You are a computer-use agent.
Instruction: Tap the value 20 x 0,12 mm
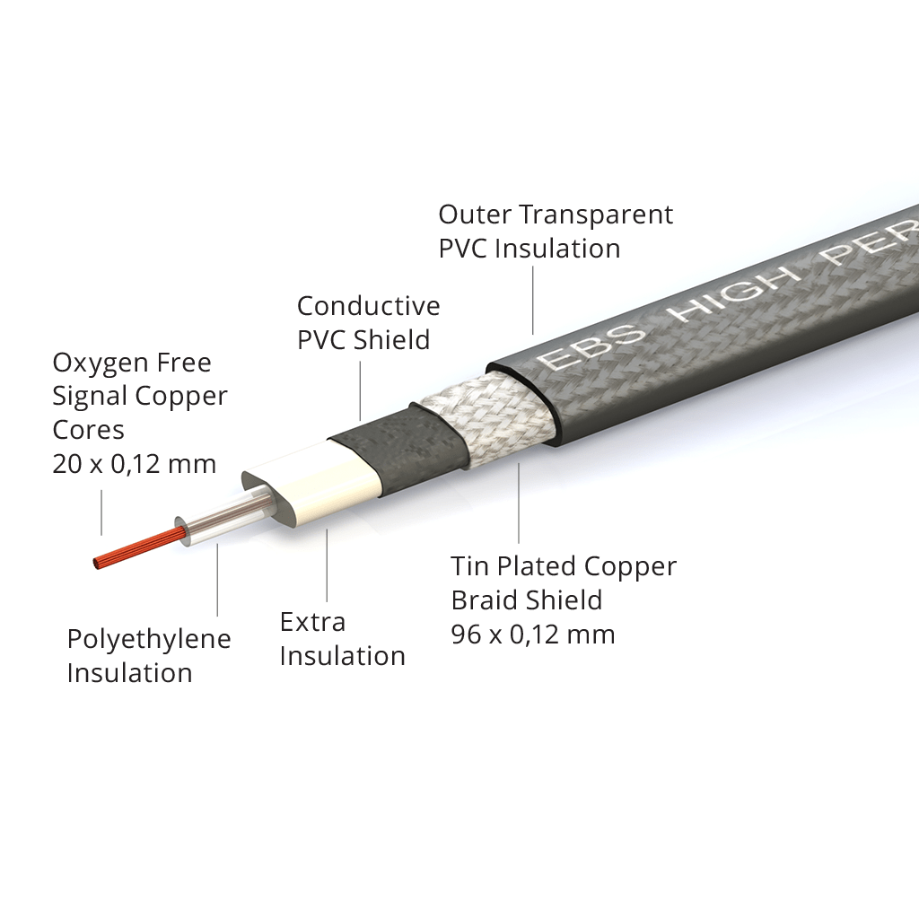[x=135, y=464]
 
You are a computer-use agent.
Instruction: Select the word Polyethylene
[x=149, y=639]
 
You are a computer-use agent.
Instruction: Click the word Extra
[x=312, y=622]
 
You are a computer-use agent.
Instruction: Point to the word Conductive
[x=368, y=306]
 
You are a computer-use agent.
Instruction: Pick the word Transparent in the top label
[x=597, y=215]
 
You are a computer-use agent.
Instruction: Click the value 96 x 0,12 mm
[x=533, y=635]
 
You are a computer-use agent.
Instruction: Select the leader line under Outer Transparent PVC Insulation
[x=533, y=301]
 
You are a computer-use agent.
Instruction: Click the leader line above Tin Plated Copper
[x=519, y=503]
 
